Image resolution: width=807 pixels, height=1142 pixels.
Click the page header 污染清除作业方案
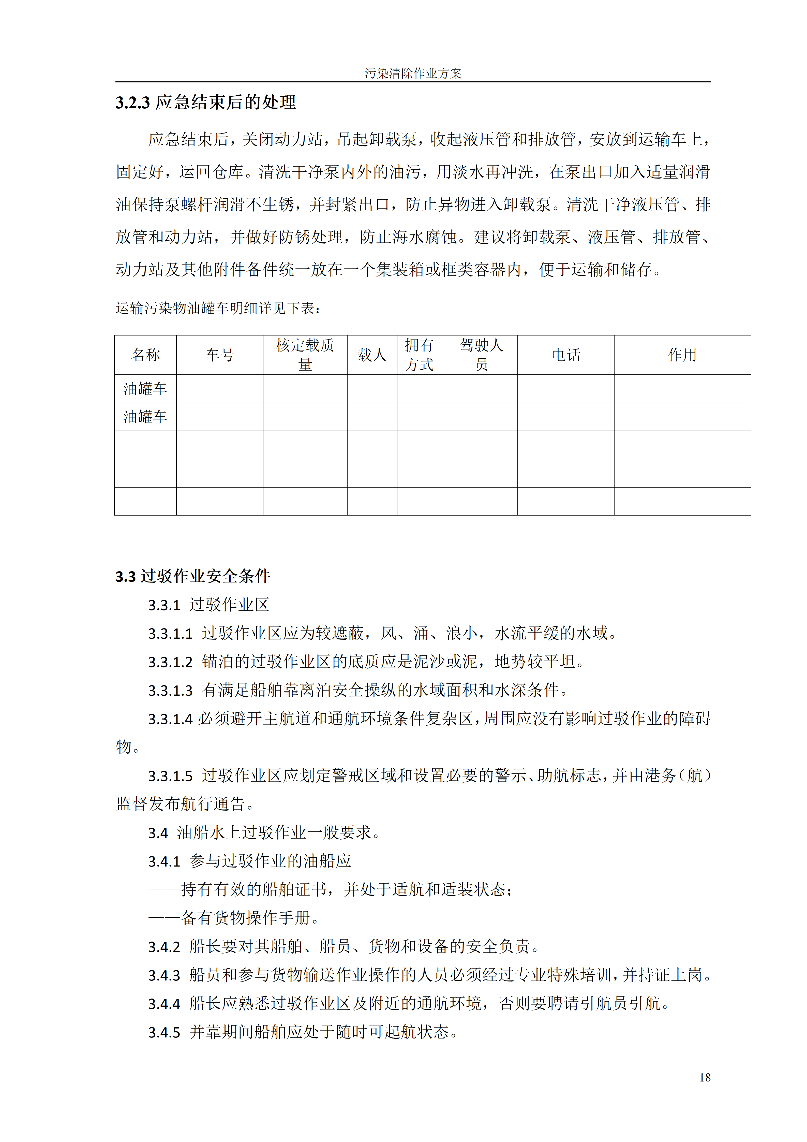click(413, 74)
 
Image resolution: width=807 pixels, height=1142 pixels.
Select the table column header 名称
click(145, 355)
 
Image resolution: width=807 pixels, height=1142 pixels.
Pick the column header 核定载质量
click(305, 355)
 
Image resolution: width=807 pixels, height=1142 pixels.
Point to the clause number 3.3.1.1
click(170, 634)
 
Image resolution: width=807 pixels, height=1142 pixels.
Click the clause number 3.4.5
click(164, 1033)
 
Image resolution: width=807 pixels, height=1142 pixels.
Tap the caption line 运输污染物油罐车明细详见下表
click(218, 308)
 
